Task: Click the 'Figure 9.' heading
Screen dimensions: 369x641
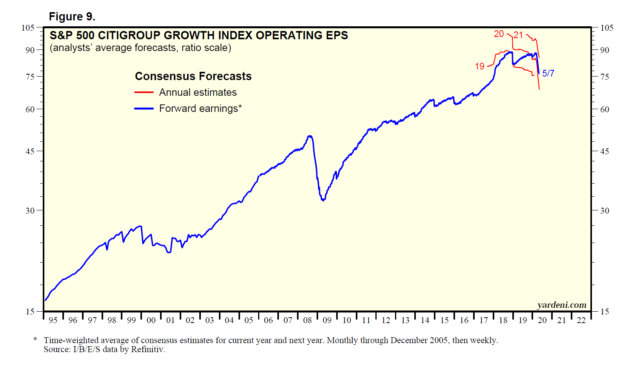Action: tap(72, 16)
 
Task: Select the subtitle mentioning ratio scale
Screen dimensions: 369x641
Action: tap(140, 48)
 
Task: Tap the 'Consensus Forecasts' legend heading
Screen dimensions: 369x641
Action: tap(193, 76)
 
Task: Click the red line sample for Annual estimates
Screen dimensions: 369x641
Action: tap(144, 93)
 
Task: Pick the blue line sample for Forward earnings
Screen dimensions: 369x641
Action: tap(144, 109)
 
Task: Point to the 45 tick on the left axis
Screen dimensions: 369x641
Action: tap(30, 151)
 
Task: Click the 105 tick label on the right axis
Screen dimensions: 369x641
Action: tap(606, 28)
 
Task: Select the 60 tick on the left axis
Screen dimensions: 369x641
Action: tap(30, 110)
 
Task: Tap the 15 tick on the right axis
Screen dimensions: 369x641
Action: tap(605, 312)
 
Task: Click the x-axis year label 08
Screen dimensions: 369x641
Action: tap(307, 320)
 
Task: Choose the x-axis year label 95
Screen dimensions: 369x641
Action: tap(53, 320)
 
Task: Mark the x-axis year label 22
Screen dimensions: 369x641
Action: tap(581, 320)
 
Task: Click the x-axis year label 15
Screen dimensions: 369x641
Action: tap(444, 320)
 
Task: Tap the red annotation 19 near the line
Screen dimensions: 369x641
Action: tap(479, 67)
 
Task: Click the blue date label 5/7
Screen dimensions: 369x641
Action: tap(548, 73)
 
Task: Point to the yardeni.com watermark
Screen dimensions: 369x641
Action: tap(561, 305)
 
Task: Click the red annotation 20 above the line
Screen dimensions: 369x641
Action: tap(499, 34)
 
